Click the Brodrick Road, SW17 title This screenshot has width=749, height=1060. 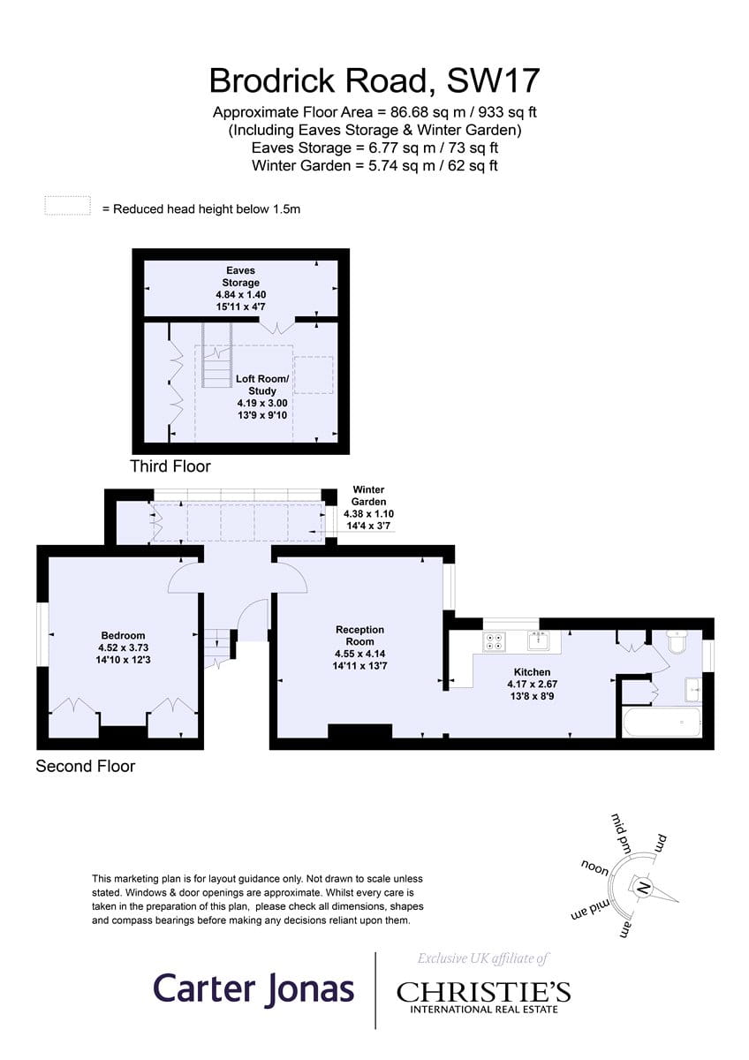[x=374, y=80]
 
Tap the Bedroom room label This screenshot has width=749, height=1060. [x=123, y=635]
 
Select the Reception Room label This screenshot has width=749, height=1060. [x=359, y=635]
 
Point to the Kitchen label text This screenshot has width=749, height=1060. [x=532, y=672]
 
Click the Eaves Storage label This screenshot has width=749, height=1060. [x=241, y=276]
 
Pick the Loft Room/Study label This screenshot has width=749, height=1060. [x=262, y=385]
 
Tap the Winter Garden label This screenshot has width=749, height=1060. [x=368, y=496]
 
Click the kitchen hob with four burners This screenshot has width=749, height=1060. [x=495, y=641]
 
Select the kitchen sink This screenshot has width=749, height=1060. [x=539, y=640]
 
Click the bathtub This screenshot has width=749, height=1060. [x=662, y=723]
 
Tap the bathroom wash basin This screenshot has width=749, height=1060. [x=693, y=690]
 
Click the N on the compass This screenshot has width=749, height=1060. [x=643, y=887]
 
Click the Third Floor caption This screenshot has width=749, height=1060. [x=170, y=466]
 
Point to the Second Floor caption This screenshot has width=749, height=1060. [x=86, y=766]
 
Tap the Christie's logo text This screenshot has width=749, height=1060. [x=483, y=992]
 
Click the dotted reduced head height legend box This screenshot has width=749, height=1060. [x=68, y=205]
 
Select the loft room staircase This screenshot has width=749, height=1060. [x=217, y=355]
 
